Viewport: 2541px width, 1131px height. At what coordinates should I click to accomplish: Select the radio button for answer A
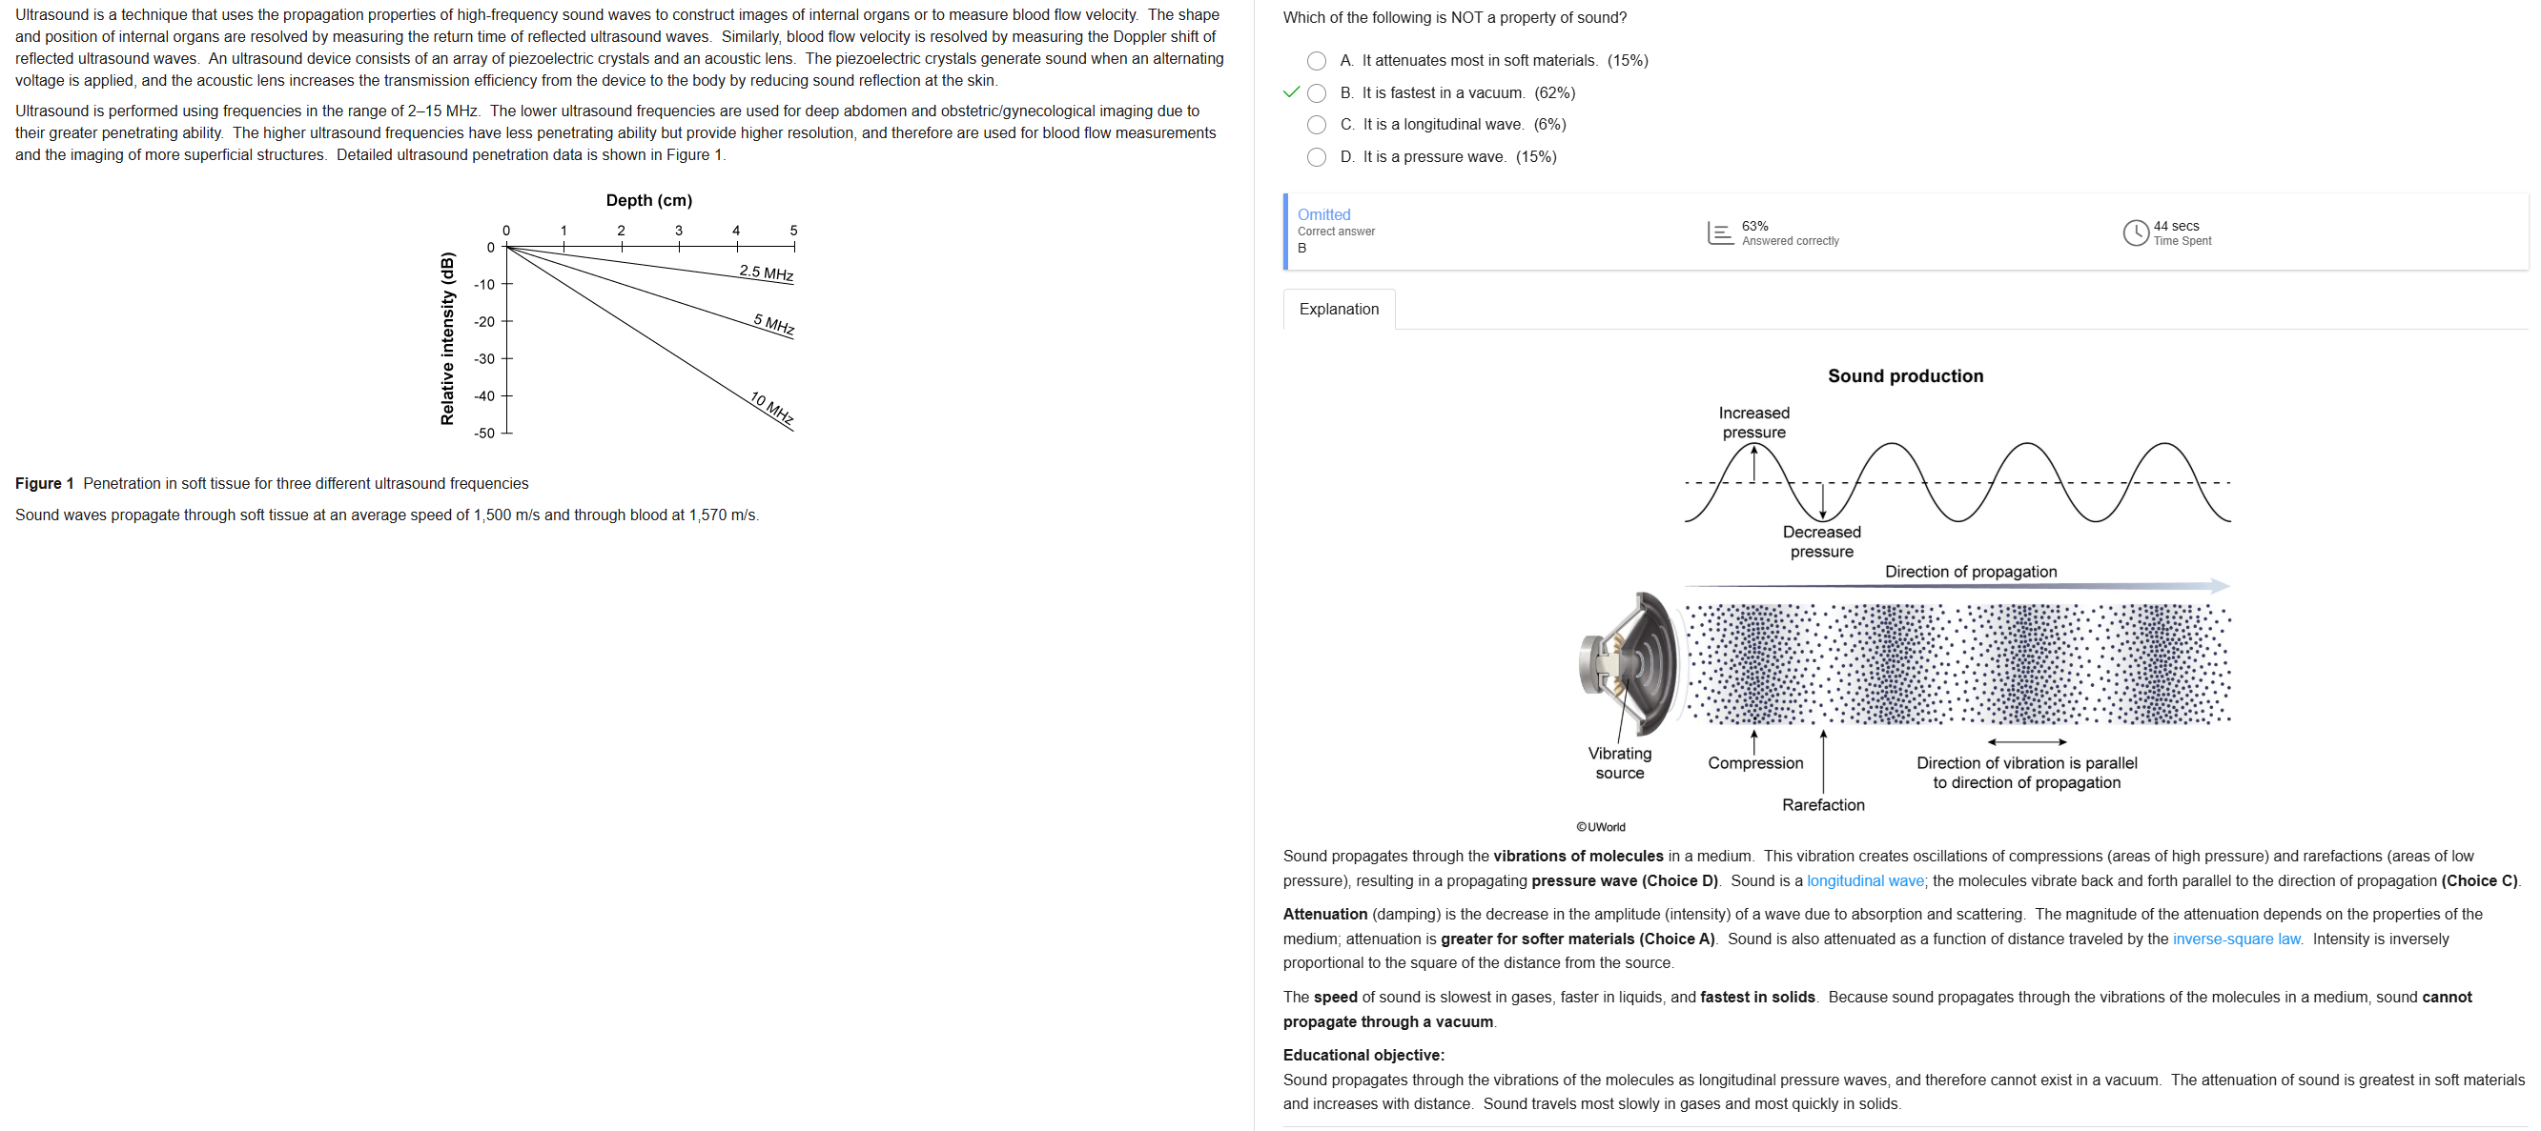(x=1316, y=61)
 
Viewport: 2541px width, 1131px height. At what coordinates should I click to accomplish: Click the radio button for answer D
(x=1316, y=157)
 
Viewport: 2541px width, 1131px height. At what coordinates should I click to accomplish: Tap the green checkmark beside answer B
(x=1291, y=92)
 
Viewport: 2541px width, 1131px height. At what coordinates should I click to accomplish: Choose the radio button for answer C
(x=1316, y=125)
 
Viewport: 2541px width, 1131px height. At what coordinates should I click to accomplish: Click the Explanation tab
(x=1339, y=310)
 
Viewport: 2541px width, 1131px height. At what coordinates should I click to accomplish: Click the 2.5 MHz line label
(x=767, y=273)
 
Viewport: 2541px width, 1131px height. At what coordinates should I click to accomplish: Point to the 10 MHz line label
(x=771, y=407)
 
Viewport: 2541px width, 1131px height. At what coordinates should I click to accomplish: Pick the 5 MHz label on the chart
(x=773, y=324)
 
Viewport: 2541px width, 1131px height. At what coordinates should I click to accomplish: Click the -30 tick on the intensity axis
(x=484, y=359)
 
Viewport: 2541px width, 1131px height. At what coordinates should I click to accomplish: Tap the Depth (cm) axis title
(x=649, y=200)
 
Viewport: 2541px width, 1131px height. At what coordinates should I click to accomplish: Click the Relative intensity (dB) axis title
(x=448, y=339)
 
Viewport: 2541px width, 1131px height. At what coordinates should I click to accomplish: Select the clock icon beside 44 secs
(x=2135, y=232)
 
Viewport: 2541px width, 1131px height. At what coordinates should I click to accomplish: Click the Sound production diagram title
(x=1905, y=375)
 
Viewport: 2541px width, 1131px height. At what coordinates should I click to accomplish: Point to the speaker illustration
(x=1629, y=662)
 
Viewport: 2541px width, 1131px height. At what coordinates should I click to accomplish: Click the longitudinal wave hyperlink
(x=1864, y=880)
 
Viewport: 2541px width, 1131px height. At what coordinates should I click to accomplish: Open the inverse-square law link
(x=2236, y=939)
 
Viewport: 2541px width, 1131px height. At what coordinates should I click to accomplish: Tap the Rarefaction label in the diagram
(x=1823, y=804)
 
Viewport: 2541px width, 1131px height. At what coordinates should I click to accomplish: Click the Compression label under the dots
(x=1754, y=763)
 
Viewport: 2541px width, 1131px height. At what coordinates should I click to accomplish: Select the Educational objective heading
(x=1363, y=1055)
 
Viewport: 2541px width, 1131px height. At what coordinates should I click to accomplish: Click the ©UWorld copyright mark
(x=1600, y=827)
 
